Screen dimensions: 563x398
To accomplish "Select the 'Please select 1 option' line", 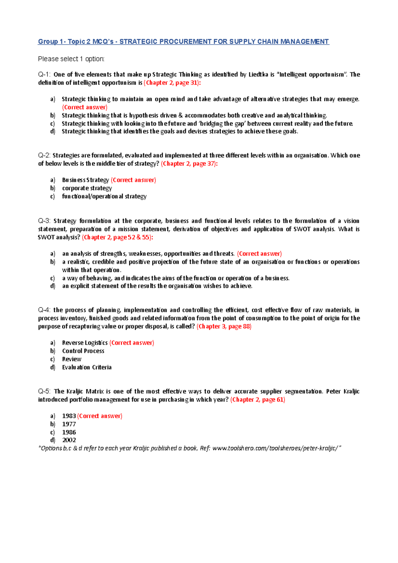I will (x=71, y=59).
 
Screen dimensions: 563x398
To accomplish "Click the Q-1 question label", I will (x=44, y=75).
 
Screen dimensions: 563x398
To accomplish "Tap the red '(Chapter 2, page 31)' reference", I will (x=172, y=83).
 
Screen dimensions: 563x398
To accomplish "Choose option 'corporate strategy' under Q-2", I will (x=87, y=188).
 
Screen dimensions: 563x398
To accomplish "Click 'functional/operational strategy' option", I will (x=104, y=196).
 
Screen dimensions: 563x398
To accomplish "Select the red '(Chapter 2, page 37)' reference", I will (x=189, y=164).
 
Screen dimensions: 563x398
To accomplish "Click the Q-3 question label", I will (x=44, y=221).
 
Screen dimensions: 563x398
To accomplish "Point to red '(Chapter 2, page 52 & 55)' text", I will (x=117, y=237).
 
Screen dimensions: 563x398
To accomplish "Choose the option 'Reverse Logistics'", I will (x=85, y=343).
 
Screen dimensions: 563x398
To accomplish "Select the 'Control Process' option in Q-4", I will (x=83, y=351).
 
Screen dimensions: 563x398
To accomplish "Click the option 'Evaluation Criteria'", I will (x=87, y=367).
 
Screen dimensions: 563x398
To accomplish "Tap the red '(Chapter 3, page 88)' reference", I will (x=224, y=327).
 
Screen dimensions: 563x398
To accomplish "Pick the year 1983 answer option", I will (x=69, y=416).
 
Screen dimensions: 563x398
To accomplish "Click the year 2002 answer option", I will (x=69, y=440).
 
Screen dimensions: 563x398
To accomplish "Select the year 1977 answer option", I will (x=69, y=424).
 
